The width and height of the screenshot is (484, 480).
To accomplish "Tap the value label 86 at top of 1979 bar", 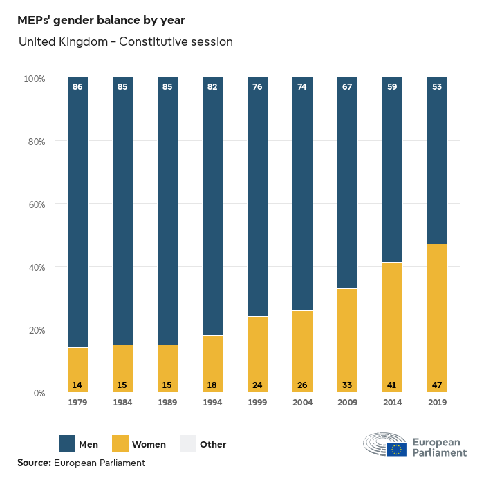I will (x=77, y=87).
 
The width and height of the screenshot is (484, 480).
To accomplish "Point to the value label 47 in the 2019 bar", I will (x=437, y=385).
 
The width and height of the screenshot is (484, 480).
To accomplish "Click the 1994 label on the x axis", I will (x=212, y=403).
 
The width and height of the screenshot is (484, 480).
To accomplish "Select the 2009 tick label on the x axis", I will (x=347, y=403).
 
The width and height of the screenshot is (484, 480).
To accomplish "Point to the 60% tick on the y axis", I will (x=35, y=204).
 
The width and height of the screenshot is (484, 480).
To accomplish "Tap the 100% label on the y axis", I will (x=33, y=79).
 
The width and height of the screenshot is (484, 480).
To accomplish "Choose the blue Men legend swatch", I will (x=66, y=444).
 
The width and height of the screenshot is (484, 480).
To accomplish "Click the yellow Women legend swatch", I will (x=119, y=444).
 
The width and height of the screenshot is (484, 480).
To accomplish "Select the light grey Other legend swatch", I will (x=187, y=444).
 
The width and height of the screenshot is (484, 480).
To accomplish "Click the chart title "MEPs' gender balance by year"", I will (x=101, y=20).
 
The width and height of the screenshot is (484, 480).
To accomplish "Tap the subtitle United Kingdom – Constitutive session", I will (x=126, y=42).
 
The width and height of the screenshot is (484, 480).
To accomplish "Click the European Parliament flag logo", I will (x=396, y=449).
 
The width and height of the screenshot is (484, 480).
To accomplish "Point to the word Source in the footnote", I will (x=33, y=463).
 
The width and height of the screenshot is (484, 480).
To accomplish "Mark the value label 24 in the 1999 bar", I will (x=257, y=385).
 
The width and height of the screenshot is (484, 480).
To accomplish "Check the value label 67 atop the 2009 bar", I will (x=347, y=87).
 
